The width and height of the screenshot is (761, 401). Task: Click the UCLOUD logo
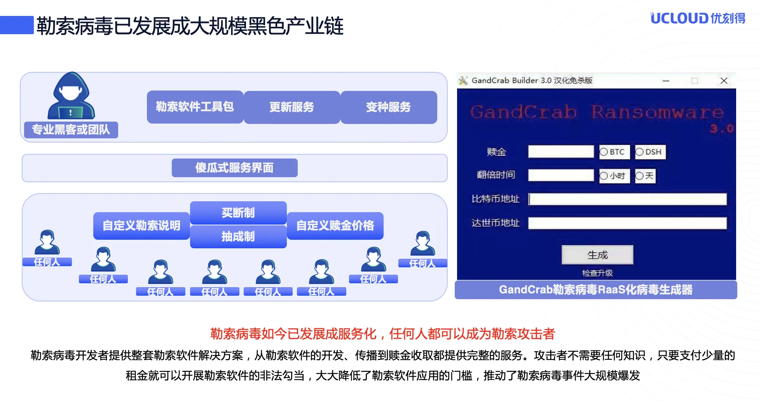coord(697,18)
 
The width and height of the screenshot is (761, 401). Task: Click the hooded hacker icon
coord(71,96)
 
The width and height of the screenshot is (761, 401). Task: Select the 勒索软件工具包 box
coord(195,107)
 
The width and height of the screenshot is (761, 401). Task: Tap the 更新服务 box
coord(291,107)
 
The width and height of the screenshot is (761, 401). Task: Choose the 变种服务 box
coord(388,107)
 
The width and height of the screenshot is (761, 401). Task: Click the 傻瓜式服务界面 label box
coord(234,168)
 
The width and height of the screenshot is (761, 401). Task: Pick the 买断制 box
coord(238,213)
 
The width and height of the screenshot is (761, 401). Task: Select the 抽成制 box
coord(238,236)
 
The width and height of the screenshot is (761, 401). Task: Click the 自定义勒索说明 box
coord(141,226)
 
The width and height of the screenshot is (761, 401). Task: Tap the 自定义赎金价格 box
coord(335,226)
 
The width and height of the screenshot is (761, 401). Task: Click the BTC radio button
coord(604,152)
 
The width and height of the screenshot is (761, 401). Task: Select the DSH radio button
coord(639,152)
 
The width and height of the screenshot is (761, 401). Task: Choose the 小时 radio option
coord(604,176)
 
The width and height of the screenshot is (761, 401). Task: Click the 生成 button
coord(597,255)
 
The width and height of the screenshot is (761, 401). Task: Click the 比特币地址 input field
coord(627,199)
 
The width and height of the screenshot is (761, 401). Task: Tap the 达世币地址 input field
coord(627,223)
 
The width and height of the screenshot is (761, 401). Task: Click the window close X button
coord(724,81)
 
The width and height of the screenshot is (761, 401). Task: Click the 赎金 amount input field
coord(560,152)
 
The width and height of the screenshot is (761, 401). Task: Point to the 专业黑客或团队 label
coord(71,130)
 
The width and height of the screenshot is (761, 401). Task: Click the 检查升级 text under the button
coord(597,273)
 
